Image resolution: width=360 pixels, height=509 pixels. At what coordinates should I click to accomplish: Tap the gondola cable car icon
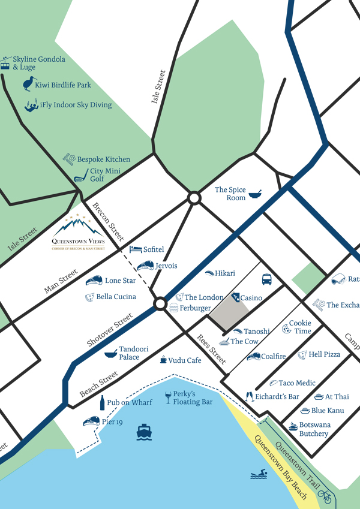pyautogui.click(x=5, y=62)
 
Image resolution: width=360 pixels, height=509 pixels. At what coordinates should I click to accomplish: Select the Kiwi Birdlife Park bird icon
pyautogui.click(x=28, y=84)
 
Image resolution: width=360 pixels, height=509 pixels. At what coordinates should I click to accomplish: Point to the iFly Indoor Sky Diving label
pyautogui.click(x=76, y=105)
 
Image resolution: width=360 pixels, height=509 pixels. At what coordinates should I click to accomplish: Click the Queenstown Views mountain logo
pyautogui.click(x=78, y=227)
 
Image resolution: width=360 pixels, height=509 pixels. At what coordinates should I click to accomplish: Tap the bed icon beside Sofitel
pyautogui.click(x=136, y=249)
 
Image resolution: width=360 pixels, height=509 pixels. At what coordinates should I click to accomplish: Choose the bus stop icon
pyautogui.click(x=267, y=279)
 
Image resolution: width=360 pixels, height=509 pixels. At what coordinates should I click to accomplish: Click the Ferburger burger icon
pyautogui.click(x=174, y=308)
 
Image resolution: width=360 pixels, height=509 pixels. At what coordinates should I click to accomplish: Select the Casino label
pyautogui.click(x=251, y=298)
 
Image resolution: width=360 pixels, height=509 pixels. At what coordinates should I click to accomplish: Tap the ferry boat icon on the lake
pyautogui.click(x=144, y=431)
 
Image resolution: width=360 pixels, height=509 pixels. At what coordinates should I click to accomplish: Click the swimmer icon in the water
pyautogui.click(x=258, y=475)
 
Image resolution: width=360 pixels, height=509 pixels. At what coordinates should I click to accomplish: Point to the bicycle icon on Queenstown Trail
pyautogui.click(x=325, y=496)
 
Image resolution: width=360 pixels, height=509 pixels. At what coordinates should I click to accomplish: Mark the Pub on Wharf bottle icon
pyautogui.click(x=101, y=402)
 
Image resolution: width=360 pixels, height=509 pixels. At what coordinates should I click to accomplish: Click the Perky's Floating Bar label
pyautogui.click(x=193, y=398)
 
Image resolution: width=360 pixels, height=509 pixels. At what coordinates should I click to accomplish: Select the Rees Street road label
pyautogui.click(x=212, y=350)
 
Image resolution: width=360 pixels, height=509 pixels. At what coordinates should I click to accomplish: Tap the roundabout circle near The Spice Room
pyautogui.click(x=194, y=198)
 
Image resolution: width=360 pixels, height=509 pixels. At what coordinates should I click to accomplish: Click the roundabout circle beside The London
pyautogui.click(x=160, y=304)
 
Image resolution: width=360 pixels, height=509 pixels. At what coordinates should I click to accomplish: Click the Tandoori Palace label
pyautogui.click(x=129, y=353)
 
